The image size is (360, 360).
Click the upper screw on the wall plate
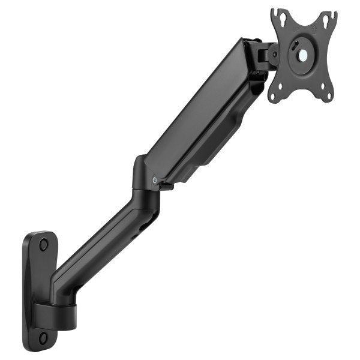click(43, 244)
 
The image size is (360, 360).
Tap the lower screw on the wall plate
click(43, 337)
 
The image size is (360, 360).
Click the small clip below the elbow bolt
click(166, 188)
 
